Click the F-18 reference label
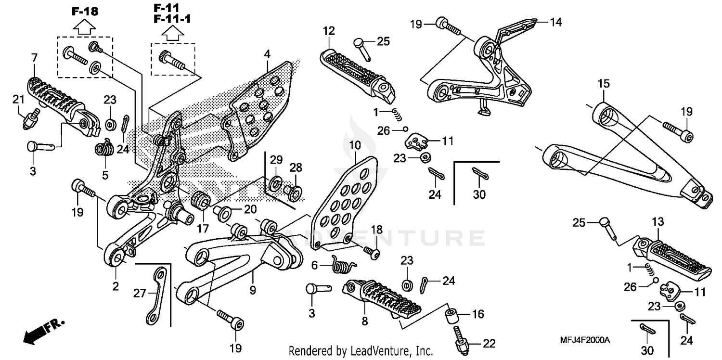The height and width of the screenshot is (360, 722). pyautogui.click(x=85, y=11)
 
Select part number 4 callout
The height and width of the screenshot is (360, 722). pyautogui.click(x=267, y=54)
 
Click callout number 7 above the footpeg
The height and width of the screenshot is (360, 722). pyautogui.click(x=34, y=58)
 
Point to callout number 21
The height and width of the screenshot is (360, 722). pyautogui.click(x=18, y=99)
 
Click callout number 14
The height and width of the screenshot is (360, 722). pyautogui.click(x=555, y=22)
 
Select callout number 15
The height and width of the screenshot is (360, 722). pyautogui.click(x=604, y=84)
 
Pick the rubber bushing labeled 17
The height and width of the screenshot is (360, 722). pyautogui.click(x=201, y=200)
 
